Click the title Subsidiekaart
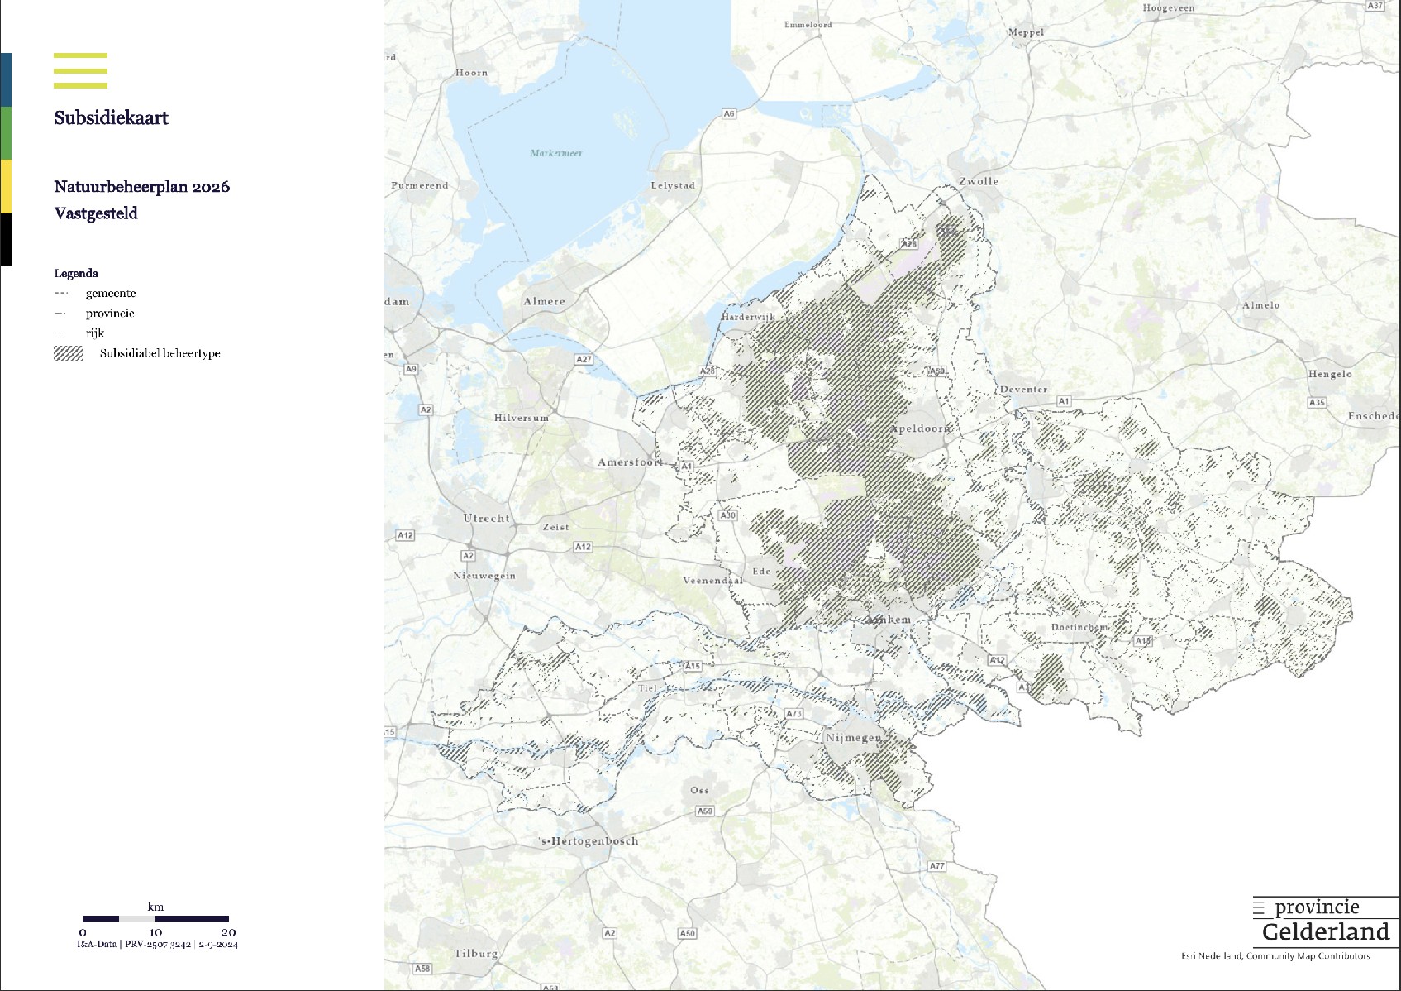(x=111, y=118)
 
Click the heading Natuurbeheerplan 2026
(x=141, y=187)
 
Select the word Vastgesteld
(x=96, y=213)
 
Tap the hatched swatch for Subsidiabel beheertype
(x=68, y=353)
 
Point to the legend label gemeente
(x=111, y=293)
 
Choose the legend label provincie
(x=110, y=313)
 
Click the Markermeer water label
(x=556, y=153)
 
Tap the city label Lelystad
(x=673, y=185)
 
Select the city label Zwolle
(x=979, y=181)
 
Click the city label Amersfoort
(x=630, y=462)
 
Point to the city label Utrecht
(x=486, y=519)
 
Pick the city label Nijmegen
(x=853, y=737)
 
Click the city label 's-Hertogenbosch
(x=589, y=841)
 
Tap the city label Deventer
(x=1023, y=389)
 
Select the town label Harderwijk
(x=748, y=317)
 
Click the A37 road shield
(x=1375, y=5)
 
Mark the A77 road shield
(x=936, y=866)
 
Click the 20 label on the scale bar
(x=228, y=932)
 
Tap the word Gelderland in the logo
(x=1326, y=932)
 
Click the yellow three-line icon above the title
(x=80, y=70)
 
